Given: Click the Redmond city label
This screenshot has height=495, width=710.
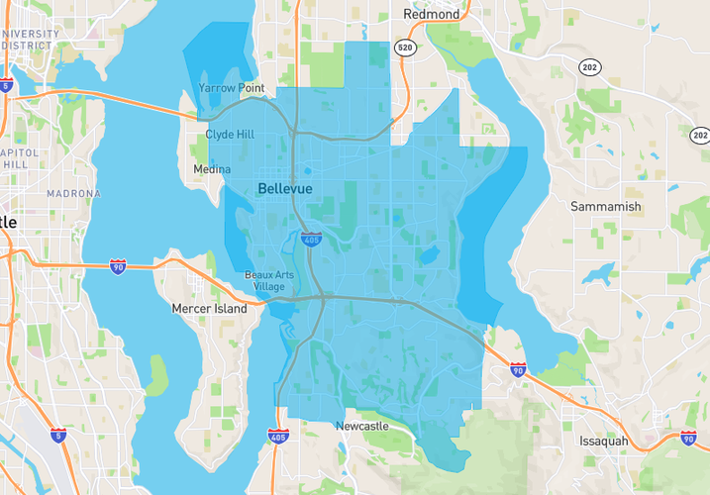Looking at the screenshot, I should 432,15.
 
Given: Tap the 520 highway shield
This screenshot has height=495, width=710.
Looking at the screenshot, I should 404,48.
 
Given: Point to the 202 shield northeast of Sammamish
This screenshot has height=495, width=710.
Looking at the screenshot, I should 700,135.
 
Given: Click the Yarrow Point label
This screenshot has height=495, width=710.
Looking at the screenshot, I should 231,88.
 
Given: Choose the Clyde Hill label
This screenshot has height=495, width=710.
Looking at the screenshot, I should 230,135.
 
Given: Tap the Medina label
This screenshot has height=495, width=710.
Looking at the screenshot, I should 211,169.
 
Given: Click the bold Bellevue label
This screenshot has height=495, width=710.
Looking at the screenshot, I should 284,188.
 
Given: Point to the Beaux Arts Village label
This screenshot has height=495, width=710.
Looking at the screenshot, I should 264,280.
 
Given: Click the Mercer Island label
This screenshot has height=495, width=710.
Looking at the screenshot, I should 210,309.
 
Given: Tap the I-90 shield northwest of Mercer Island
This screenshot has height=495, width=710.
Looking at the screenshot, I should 118,267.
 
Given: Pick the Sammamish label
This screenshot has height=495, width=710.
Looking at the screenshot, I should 606,207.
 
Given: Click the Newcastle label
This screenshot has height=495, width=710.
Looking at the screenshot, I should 362,426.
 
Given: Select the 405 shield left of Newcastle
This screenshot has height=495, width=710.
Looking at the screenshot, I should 278,436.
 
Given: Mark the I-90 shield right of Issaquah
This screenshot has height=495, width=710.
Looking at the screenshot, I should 688,437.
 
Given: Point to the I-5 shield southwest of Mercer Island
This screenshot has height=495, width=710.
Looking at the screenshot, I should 58,435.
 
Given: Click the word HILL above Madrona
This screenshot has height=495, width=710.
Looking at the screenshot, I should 16,164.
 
